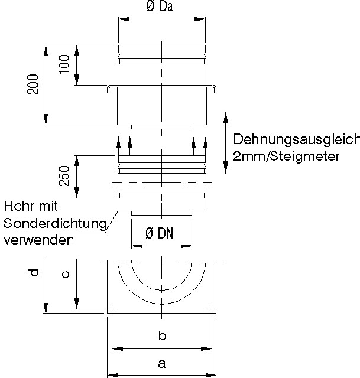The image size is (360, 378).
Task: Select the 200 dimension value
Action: click(34, 84)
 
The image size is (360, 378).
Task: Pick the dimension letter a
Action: click(161, 364)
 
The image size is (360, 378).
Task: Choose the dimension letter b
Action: click(162, 336)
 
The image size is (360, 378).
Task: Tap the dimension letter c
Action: click(66, 274)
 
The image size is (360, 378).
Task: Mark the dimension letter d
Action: click(35, 272)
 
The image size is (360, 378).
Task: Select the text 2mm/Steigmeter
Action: click(286, 157)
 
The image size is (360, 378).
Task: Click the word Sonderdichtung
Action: click(54, 223)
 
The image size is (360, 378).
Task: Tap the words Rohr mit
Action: click(31, 207)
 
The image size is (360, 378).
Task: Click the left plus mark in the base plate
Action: click(112, 308)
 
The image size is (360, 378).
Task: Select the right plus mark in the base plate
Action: click(211, 308)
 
